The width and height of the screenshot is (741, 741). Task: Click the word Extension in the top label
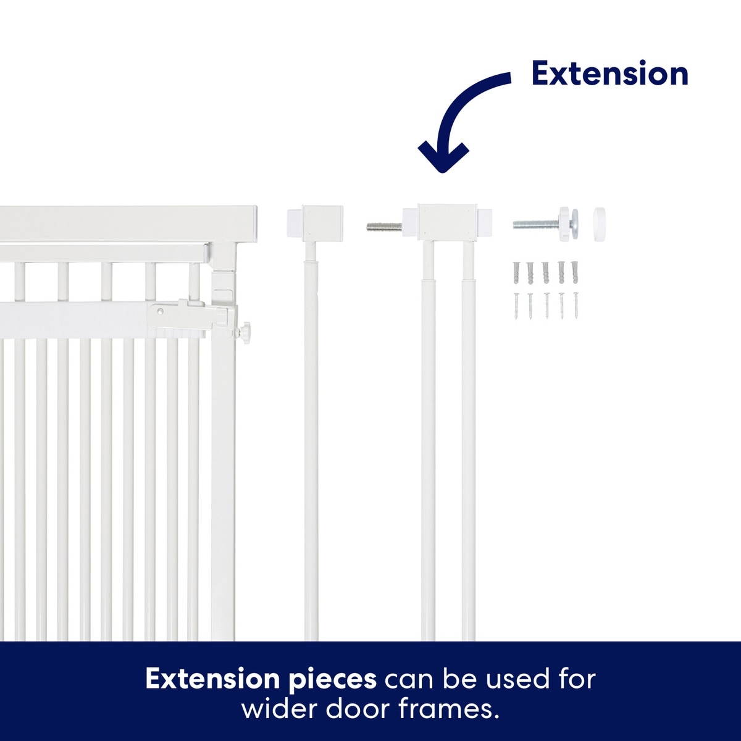click(610, 74)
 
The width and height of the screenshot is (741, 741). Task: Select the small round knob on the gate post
click(245, 330)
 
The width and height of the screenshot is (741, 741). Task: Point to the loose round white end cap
click(599, 224)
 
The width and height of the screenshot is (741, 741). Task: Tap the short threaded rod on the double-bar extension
click(384, 226)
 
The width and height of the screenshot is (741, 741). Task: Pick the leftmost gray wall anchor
click(516, 273)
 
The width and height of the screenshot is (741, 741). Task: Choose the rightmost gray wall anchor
click(576, 272)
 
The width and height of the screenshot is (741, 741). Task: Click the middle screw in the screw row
click(546, 306)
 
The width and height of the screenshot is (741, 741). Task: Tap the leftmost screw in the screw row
click(516, 306)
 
